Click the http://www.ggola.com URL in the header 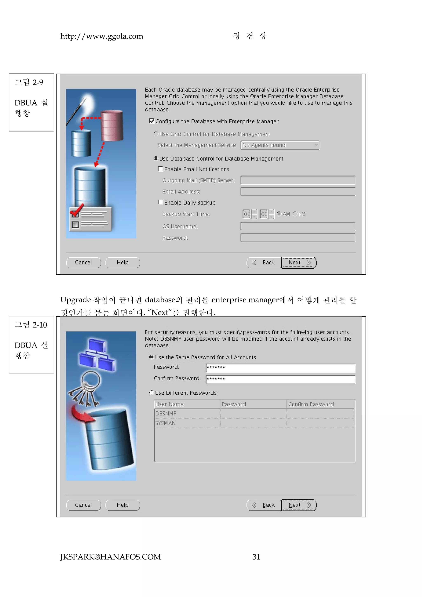pos(102,36)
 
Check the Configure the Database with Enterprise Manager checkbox pos(152,121)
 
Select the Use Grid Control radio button pos(156,134)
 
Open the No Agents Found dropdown pos(280,145)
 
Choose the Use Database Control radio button pos(156,158)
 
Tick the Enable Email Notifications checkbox pos(161,169)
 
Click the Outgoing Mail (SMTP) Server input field pos(298,180)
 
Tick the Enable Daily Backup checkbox pos(161,202)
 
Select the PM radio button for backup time pos(295,214)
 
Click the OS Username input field pos(298,226)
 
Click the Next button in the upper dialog pos(299,263)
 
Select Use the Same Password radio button pos(151,357)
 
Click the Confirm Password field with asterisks pos(280,379)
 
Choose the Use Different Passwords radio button pos(151,393)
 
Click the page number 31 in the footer pos(256,557)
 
